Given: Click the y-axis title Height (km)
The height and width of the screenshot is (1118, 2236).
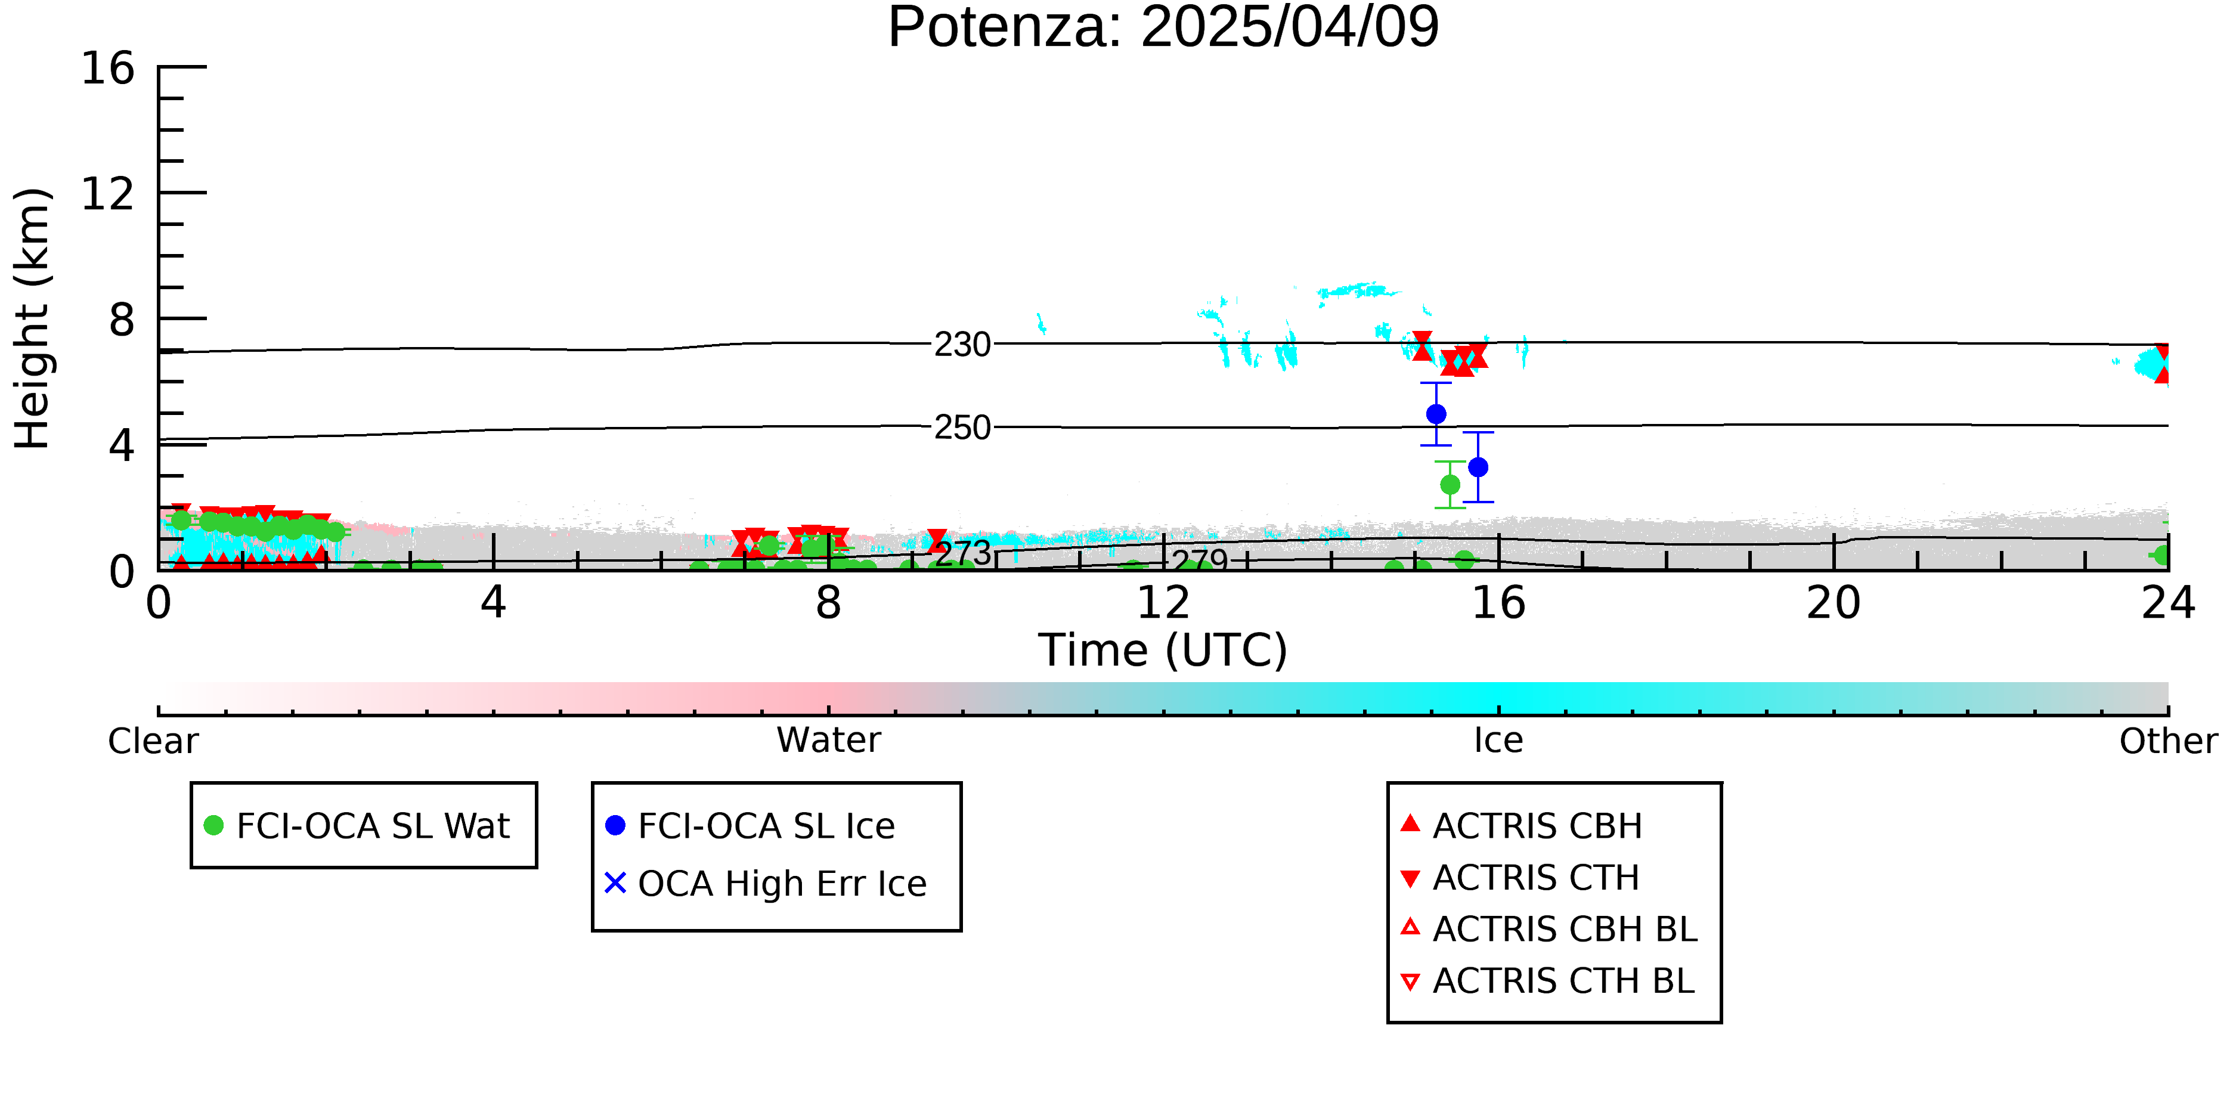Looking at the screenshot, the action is click(x=33, y=318).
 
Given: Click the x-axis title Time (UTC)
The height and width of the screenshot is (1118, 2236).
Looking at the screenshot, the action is click(x=1163, y=650).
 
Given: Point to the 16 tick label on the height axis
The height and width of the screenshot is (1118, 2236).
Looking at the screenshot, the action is click(x=108, y=68).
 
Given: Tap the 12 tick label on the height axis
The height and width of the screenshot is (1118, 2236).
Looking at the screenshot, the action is click(x=108, y=194).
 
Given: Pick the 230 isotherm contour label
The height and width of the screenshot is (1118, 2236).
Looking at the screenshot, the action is click(x=962, y=345).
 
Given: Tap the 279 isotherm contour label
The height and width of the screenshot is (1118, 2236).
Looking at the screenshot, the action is click(x=1200, y=560).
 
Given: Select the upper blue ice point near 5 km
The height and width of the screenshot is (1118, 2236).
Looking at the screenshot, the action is click(x=1436, y=414).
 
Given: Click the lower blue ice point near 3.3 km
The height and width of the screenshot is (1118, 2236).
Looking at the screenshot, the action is click(x=1478, y=467).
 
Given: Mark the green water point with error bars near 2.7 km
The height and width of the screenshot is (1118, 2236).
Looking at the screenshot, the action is click(x=1450, y=484).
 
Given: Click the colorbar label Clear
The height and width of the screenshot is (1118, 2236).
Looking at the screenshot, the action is click(x=153, y=741).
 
